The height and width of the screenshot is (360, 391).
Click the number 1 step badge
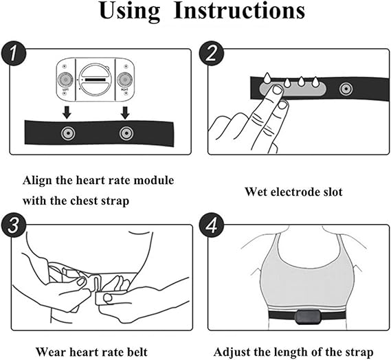point(14,54)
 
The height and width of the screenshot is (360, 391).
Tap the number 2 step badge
point(211,54)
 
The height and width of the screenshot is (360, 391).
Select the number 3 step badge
point(14,225)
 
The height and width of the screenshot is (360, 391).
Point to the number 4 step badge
point(211,225)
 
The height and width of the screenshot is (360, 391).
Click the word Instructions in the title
point(239,10)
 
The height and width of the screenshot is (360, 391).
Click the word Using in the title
point(130,12)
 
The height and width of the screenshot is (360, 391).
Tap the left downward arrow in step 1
point(67,113)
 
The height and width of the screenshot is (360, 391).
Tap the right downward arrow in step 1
point(125,113)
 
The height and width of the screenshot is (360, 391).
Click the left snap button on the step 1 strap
point(68,133)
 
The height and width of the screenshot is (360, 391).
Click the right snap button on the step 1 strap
point(126,133)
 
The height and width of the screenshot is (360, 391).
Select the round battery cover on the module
point(96,80)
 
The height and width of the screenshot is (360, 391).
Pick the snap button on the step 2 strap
point(346,89)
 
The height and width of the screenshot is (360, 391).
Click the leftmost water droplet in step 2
point(267,78)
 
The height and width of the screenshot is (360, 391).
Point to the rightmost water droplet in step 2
point(315,82)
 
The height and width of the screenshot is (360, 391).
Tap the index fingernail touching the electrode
point(277,90)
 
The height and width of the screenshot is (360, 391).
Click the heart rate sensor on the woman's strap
point(307,317)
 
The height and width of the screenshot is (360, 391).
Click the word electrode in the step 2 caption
point(295,192)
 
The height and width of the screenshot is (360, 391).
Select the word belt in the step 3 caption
point(137,352)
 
